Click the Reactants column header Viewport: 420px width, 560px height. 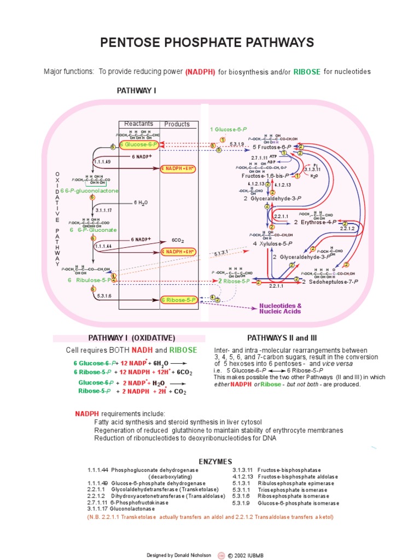(x=139, y=124)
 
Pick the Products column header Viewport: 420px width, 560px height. (x=177, y=124)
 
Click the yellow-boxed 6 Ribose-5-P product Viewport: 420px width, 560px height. (x=178, y=300)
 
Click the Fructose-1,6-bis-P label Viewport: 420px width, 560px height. (x=266, y=176)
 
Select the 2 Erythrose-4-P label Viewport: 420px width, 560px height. (x=315, y=223)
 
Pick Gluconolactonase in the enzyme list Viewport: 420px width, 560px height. (x=119, y=509)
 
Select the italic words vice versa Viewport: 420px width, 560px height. (x=337, y=364)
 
